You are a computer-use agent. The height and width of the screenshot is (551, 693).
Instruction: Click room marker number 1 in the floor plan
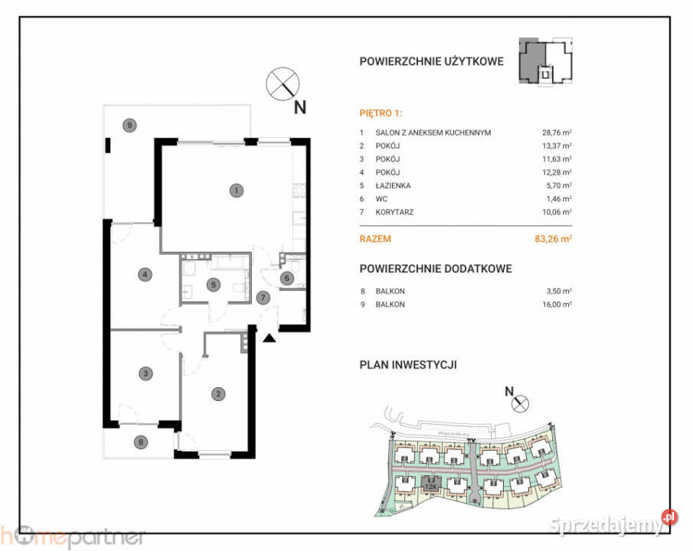click(x=237, y=190)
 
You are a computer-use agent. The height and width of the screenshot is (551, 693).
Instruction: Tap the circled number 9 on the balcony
click(x=131, y=125)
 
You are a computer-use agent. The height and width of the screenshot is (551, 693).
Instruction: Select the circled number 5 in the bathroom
click(x=214, y=285)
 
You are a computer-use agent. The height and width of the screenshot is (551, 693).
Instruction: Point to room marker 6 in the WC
click(x=286, y=279)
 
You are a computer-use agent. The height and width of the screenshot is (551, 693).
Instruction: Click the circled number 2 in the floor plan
click(x=218, y=394)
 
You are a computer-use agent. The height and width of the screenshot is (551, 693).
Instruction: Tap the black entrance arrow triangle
click(x=269, y=337)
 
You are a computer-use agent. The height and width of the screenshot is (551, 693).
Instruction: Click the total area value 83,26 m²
click(x=554, y=239)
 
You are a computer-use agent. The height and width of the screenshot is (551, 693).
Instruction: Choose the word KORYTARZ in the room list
click(x=394, y=212)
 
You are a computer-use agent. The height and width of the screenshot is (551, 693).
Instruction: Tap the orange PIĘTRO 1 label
click(x=381, y=112)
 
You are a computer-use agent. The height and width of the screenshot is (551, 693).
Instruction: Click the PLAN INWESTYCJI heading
click(x=408, y=365)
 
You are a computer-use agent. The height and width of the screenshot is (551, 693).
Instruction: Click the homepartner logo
click(x=73, y=536)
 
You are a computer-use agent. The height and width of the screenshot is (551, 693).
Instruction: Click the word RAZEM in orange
click(x=375, y=239)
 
